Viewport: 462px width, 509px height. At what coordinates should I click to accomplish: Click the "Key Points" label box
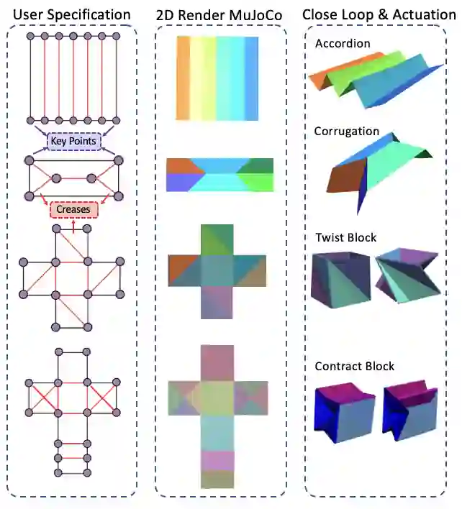coord(73,140)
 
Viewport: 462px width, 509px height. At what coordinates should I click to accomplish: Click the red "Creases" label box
coord(73,209)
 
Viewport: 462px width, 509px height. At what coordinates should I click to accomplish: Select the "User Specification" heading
coord(73,14)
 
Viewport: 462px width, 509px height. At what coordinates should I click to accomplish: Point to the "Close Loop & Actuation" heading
coord(379,14)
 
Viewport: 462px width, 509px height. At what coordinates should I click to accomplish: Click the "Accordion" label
coord(343,44)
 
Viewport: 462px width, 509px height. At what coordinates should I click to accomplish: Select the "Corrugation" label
coord(347,132)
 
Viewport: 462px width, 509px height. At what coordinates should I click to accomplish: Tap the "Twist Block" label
coord(345,238)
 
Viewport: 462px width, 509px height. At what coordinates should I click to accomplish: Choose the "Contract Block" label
coord(355,367)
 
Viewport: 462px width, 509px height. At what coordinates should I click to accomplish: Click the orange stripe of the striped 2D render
coord(183,78)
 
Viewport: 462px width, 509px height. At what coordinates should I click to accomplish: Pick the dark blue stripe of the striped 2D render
coord(252,78)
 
